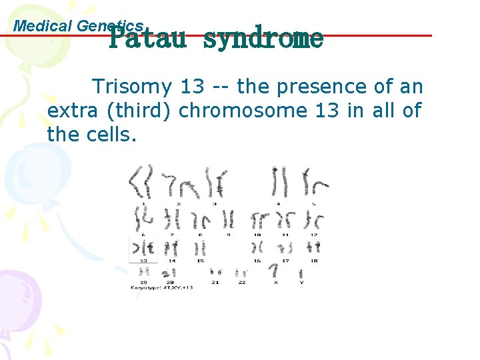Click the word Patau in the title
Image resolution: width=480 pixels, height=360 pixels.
[x=147, y=39]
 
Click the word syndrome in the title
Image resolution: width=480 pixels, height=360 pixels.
[x=263, y=39]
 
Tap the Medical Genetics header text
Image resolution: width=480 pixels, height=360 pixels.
[x=79, y=26]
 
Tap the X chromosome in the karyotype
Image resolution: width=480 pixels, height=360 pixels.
[x=273, y=271]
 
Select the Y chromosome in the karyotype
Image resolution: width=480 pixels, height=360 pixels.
[x=301, y=273]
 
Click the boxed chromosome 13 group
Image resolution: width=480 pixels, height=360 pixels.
[x=143, y=249]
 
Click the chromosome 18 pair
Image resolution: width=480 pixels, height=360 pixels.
[x=314, y=247]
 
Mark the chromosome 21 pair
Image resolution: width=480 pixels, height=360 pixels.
[x=215, y=272]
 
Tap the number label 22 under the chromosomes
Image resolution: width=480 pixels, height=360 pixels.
[x=241, y=282]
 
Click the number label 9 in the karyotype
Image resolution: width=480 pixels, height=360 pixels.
[x=228, y=235]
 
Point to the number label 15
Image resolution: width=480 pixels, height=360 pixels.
[x=200, y=261]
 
